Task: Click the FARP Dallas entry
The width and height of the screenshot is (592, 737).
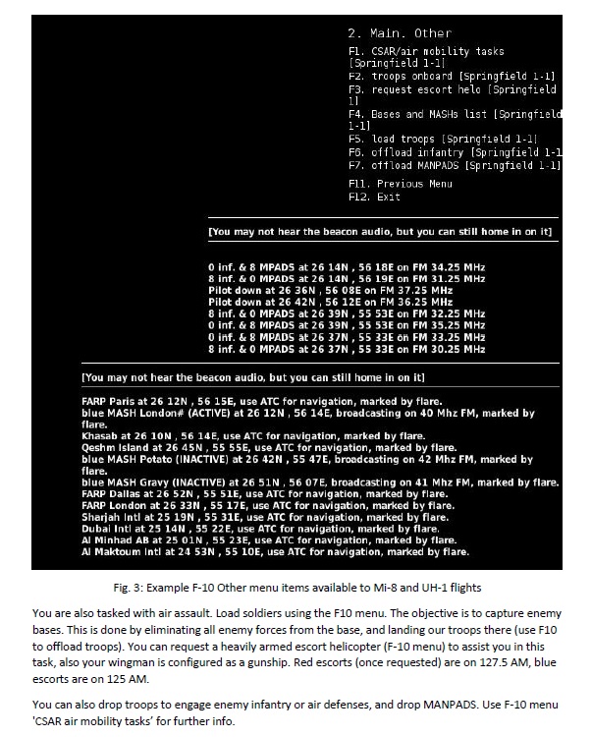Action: click(110, 494)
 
